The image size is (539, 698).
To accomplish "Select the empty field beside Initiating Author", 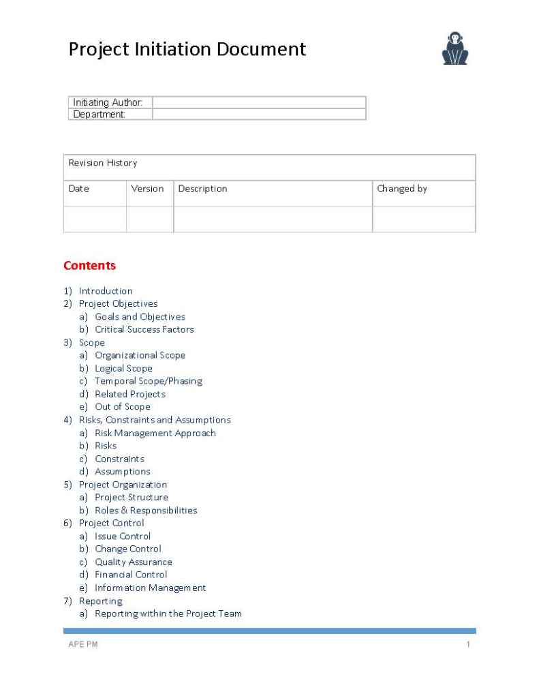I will (259, 102).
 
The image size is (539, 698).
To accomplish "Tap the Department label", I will (99, 115).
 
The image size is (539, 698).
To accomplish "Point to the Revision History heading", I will (102, 163).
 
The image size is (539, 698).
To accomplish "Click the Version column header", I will (147, 189).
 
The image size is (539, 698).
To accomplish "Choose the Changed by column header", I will (402, 189).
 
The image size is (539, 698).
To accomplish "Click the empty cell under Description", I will (273, 219).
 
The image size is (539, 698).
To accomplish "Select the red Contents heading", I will (89, 266).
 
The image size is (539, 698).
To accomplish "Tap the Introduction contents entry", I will (106, 291).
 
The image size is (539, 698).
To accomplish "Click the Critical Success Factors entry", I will (144, 329).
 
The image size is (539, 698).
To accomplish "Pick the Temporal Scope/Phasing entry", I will (148, 381).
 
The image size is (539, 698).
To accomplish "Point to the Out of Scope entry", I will (122, 407).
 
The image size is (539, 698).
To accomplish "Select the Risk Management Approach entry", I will (155, 433).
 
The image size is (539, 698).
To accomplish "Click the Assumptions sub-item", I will (122, 472).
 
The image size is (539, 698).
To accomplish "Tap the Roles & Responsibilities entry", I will (146, 511).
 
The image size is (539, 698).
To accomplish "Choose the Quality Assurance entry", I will (133, 562).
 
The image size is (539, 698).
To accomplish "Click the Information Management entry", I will (150, 588).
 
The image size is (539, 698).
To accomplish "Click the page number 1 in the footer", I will (468, 645).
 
